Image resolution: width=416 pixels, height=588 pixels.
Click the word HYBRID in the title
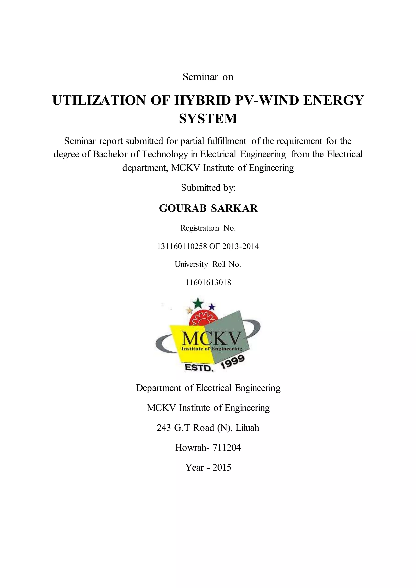(202, 100)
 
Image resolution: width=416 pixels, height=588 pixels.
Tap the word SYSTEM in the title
(208, 119)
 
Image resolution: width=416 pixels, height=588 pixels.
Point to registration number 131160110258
(182, 246)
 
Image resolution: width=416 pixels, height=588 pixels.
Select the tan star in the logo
(190, 311)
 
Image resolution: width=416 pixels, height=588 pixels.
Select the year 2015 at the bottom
(222, 468)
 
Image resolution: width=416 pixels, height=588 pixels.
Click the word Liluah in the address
(247, 428)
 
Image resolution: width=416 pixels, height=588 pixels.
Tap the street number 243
(164, 428)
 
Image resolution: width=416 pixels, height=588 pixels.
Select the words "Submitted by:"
(208, 188)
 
